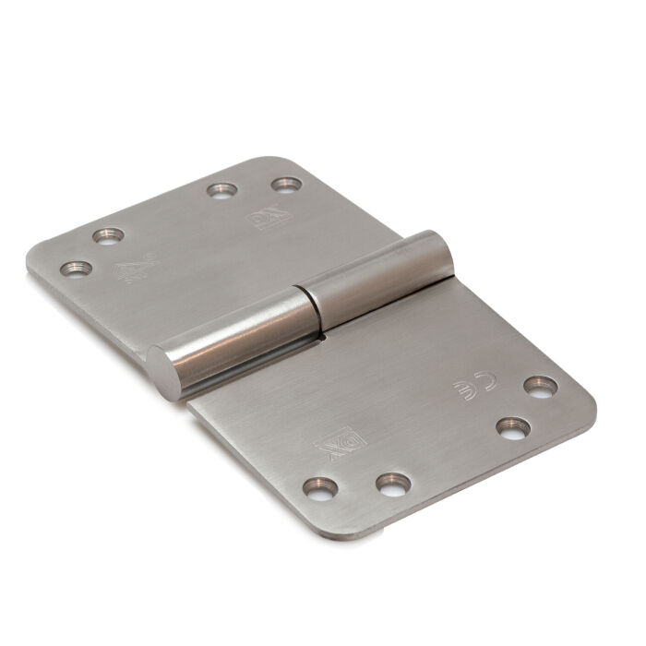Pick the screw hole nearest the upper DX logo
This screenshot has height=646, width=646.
tap(287, 185)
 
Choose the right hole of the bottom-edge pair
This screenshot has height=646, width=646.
tap(393, 482)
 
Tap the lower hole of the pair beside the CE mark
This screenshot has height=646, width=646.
tap(512, 427)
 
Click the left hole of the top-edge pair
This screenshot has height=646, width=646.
tap(221, 191)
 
